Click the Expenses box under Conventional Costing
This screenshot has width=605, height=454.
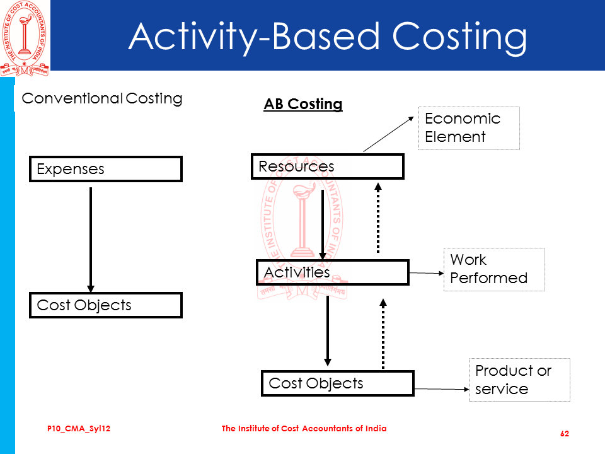coord(105,169)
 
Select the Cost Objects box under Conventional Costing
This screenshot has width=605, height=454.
coord(105,305)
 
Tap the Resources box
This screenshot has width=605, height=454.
coord(327,166)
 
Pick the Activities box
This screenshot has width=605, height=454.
coord(332,272)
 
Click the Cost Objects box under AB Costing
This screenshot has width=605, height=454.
coord(337,383)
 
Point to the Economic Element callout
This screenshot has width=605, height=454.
coord(469,128)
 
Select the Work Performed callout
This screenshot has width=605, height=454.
coord(494,269)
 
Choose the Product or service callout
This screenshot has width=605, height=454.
coord(519,380)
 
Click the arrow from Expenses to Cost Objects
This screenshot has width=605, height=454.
coord(91,240)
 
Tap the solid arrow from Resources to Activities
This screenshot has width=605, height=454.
coord(323,224)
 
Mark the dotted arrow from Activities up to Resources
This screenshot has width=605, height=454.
coord(378,218)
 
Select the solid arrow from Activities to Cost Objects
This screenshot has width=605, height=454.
coord(327,330)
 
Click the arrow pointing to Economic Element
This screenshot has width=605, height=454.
coord(390,133)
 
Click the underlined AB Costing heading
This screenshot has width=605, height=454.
coord(303,104)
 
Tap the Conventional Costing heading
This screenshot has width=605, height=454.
coord(102,98)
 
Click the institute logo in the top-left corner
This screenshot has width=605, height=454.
coord(24,37)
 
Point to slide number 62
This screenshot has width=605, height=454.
coord(565,434)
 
